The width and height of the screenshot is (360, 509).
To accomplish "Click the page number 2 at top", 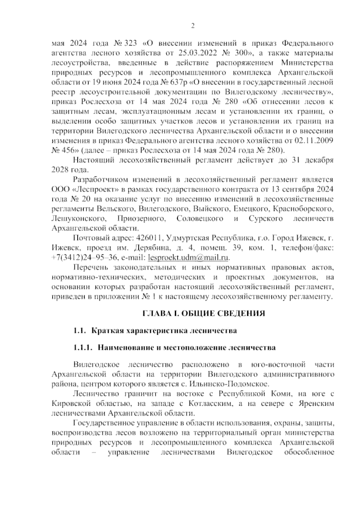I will [193, 26].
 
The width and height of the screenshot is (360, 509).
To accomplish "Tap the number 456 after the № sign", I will [68, 150].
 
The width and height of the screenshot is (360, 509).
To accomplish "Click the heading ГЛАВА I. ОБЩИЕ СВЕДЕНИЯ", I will [203, 314].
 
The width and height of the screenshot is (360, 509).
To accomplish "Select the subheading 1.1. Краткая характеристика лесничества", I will [155, 331].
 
